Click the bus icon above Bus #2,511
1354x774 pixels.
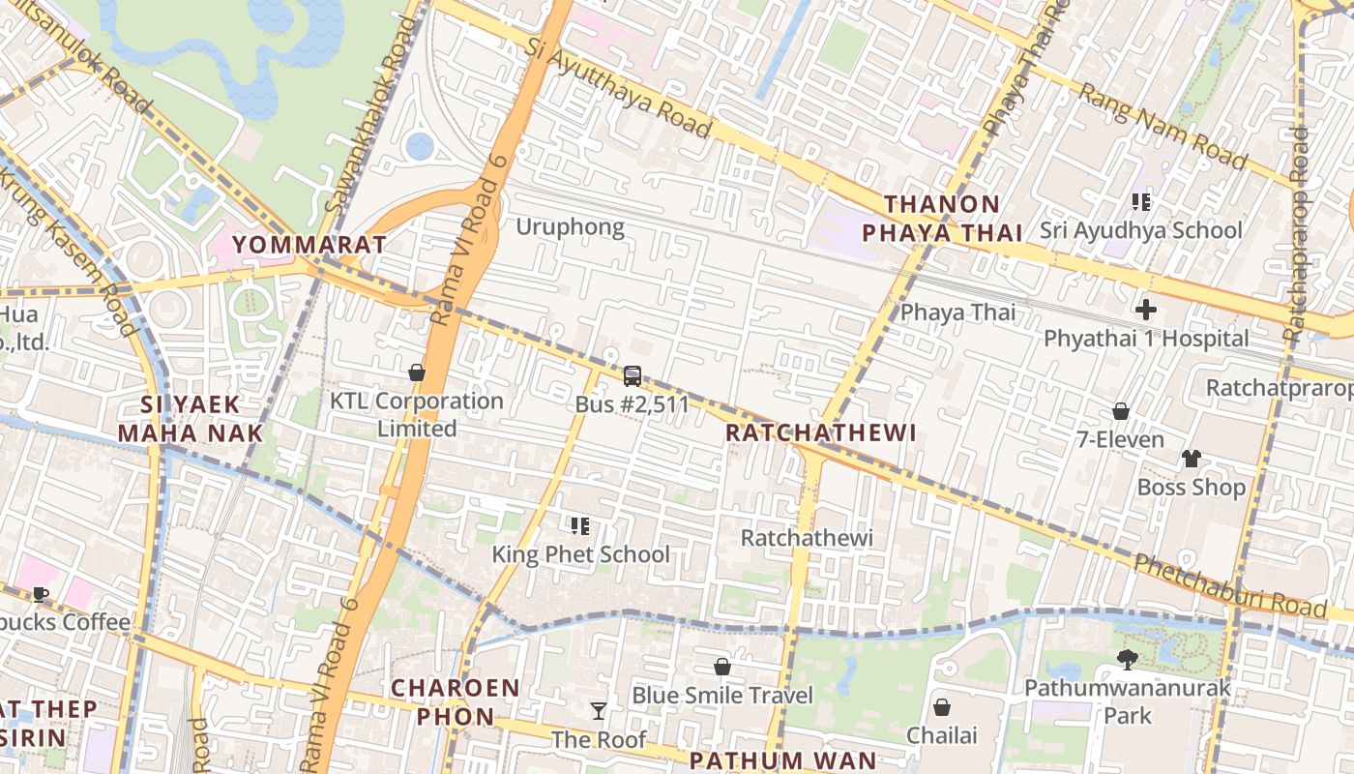(x=632, y=376)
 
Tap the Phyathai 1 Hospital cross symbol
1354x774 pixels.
(x=1146, y=310)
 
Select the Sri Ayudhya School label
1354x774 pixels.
(x=1141, y=230)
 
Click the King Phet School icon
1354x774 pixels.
(x=580, y=526)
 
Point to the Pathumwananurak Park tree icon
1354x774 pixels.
(x=1127, y=660)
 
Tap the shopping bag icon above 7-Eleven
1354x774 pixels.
(x=1121, y=411)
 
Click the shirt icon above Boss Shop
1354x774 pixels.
(x=1191, y=459)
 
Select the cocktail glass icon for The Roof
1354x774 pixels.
(x=599, y=711)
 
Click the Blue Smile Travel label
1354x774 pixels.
(x=722, y=696)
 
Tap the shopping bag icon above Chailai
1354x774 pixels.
(x=942, y=707)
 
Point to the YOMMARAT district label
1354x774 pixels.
(x=309, y=244)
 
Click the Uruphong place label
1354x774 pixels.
(x=570, y=227)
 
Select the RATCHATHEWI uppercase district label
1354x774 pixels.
(x=820, y=432)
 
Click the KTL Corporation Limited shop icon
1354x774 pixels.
(x=417, y=372)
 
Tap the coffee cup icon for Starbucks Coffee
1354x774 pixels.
(x=40, y=594)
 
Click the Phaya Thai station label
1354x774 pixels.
(x=958, y=313)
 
